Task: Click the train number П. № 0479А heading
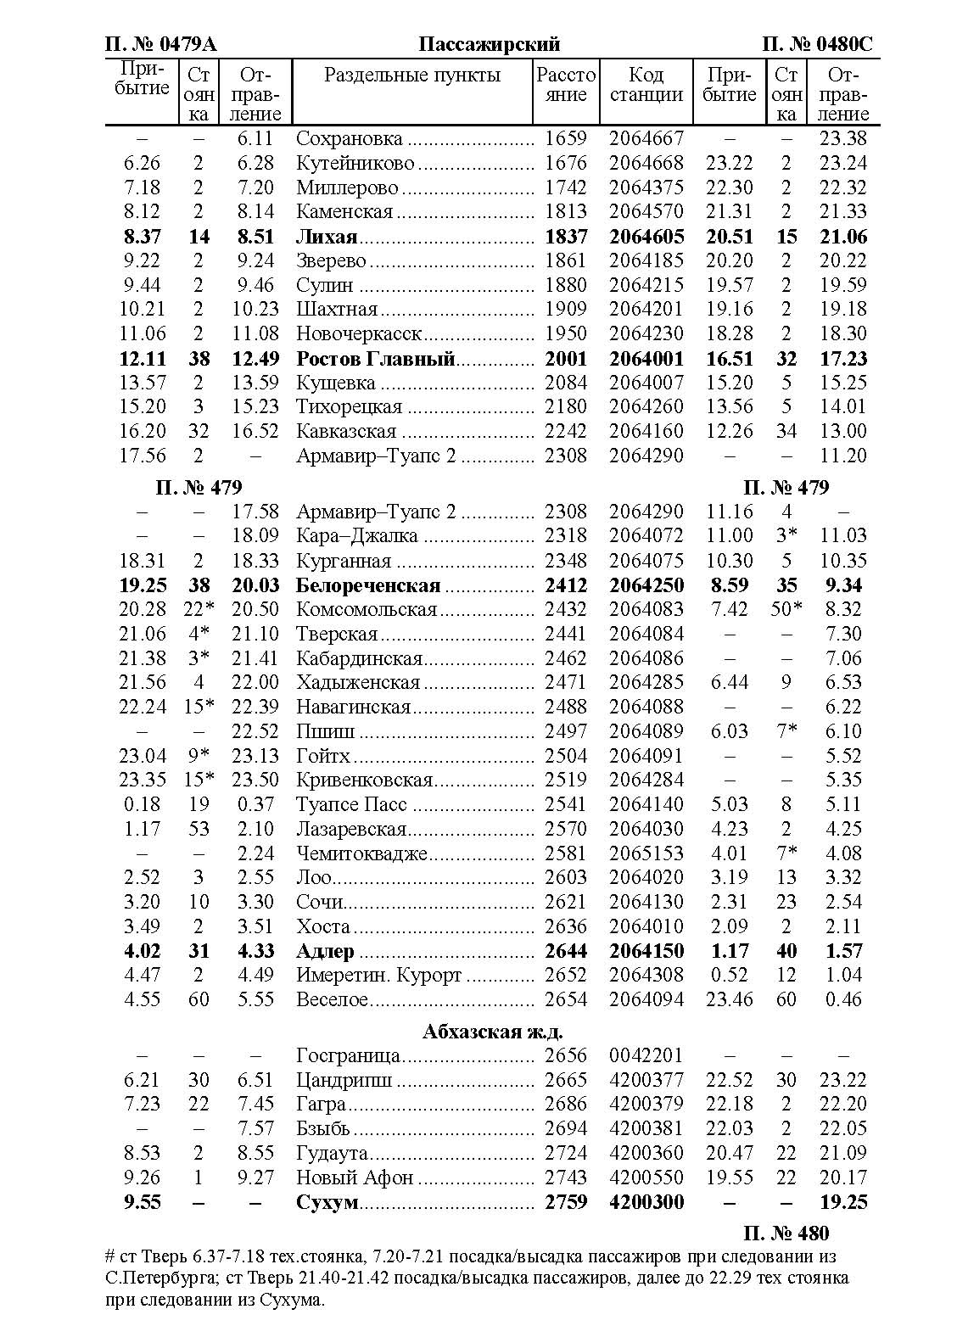[x=160, y=45]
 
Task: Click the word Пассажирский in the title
[x=490, y=45]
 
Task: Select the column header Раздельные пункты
[x=412, y=75]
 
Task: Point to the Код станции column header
[x=646, y=85]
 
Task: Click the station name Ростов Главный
[x=375, y=359]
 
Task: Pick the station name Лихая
[x=327, y=237]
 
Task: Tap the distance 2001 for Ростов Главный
[x=566, y=359]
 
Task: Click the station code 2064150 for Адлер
[x=646, y=951]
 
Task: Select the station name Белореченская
[x=368, y=585]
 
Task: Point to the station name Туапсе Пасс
[x=351, y=804]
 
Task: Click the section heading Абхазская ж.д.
[x=493, y=1032]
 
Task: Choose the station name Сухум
[x=327, y=1202]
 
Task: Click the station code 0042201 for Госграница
[x=646, y=1055]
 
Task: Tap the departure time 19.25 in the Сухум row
[x=843, y=1202]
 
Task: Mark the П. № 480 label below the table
[x=786, y=1233]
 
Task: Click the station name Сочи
[x=320, y=902]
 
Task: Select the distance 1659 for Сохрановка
[x=566, y=138]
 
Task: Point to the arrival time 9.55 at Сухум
[x=142, y=1202]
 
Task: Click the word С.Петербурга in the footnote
[x=159, y=1278]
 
